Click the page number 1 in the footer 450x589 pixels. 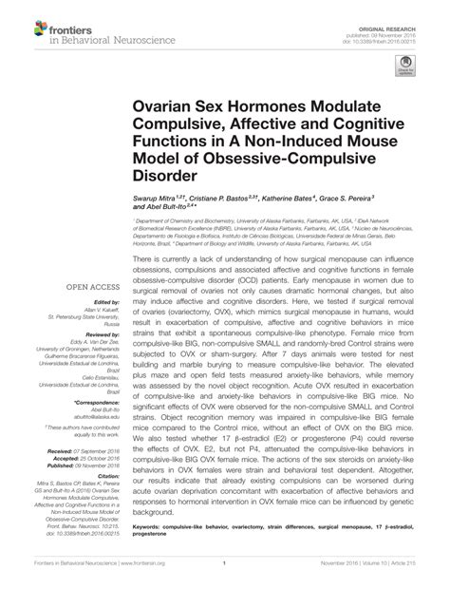coord(224,577)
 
